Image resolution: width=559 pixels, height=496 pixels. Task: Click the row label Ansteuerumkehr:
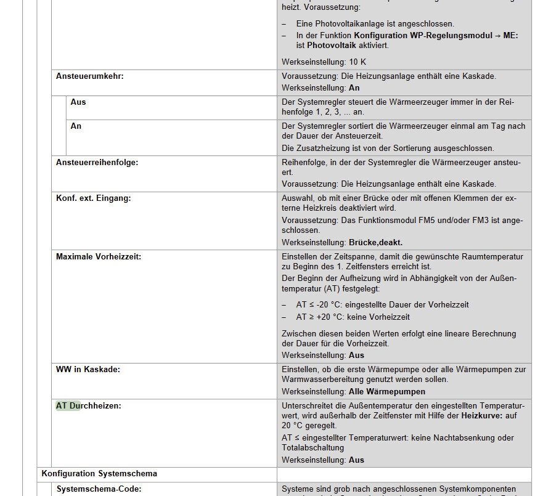(x=89, y=76)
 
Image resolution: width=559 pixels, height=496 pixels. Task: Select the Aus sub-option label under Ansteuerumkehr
(x=78, y=102)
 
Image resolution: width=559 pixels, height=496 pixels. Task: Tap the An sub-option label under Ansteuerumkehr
(x=76, y=126)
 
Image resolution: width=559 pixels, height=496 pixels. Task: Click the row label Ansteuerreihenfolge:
(x=97, y=162)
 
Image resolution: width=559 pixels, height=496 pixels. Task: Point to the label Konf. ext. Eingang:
(x=93, y=198)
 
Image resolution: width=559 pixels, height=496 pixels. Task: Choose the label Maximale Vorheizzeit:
(x=98, y=256)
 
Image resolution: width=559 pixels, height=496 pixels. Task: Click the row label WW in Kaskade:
(x=88, y=369)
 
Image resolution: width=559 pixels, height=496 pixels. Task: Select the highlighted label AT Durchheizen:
(x=88, y=405)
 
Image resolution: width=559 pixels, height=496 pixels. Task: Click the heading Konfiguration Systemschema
(x=99, y=474)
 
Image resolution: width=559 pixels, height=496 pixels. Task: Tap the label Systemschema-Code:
(x=99, y=489)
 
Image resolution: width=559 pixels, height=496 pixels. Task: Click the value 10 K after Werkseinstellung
(x=357, y=62)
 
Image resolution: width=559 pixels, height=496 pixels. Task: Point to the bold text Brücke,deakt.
(x=375, y=242)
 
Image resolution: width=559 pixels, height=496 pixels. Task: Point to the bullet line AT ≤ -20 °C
(x=382, y=305)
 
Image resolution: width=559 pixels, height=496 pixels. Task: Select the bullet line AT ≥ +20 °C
(x=353, y=317)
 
